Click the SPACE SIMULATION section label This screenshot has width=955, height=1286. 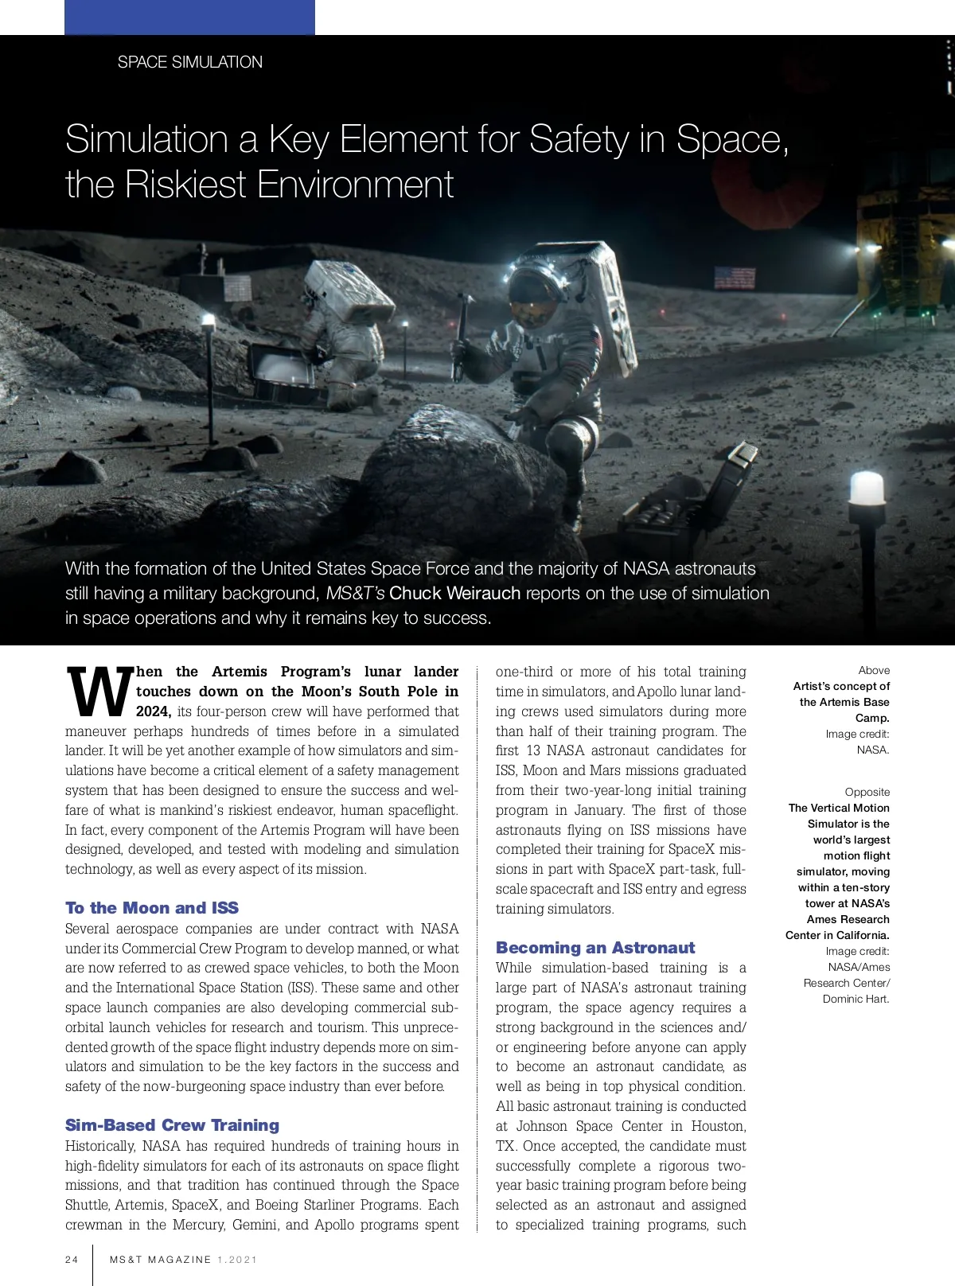tap(189, 62)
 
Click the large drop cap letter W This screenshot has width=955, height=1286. tap(99, 691)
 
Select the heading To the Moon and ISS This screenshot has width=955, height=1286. tap(152, 908)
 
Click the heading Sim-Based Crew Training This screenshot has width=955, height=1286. tap(172, 1125)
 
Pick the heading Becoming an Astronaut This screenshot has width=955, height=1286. tap(594, 948)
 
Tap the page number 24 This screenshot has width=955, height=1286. tap(72, 1260)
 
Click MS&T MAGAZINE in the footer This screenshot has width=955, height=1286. tap(161, 1260)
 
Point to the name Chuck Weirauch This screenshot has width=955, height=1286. tap(454, 594)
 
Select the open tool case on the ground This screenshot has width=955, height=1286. tap(692, 501)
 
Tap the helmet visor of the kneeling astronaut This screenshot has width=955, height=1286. tap(529, 290)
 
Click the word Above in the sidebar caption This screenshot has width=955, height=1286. tap(874, 671)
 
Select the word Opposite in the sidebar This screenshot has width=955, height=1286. tap(867, 793)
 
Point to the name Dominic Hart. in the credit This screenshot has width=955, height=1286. tap(856, 1000)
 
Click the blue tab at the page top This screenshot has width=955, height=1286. tap(189, 17)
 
